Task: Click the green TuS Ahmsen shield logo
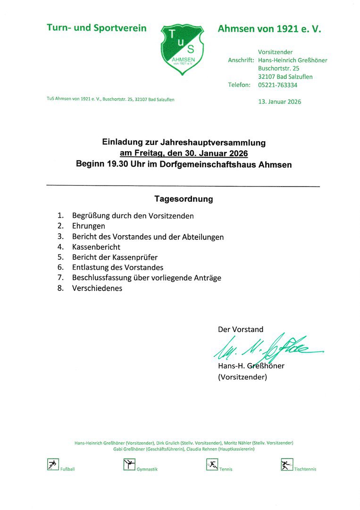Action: (183, 50)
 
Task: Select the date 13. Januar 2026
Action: (279, 102)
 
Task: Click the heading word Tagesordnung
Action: (184, 199)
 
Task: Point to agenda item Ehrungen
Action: (89, 226)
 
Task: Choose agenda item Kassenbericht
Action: (96, 247)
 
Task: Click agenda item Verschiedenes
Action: (97, 288)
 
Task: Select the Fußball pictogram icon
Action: (52, 465)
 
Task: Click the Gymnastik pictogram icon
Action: (129, 465)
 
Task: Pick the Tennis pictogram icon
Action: (212, 465)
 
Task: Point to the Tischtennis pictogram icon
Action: (286, 465)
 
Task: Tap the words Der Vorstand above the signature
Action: (241, 329)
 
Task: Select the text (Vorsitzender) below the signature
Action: (243, 377)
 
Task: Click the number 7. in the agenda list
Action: (60, 278)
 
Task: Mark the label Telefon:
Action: (239, 85)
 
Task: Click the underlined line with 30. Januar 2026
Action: (184, 153)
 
